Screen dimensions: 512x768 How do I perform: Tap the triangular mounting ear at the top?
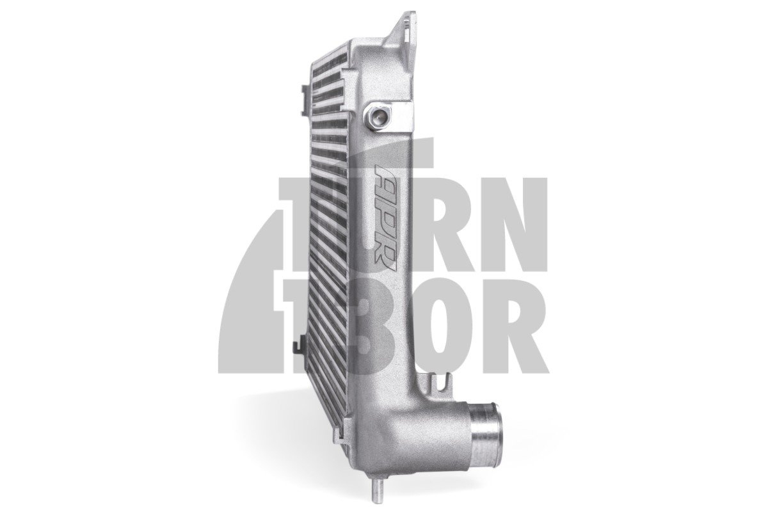pyautogui.click(x=404, y=32)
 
